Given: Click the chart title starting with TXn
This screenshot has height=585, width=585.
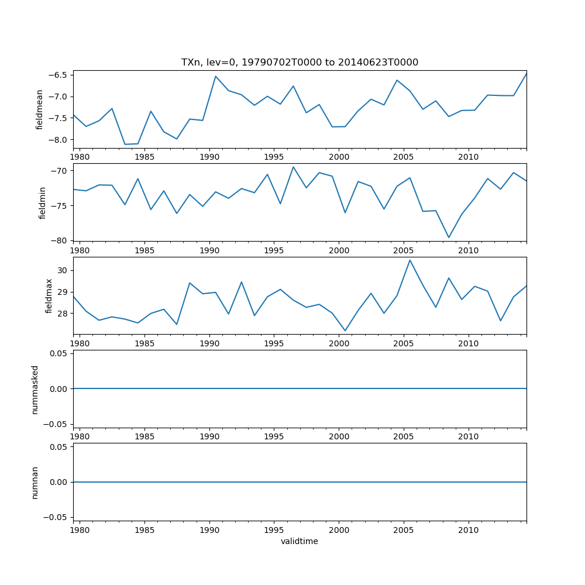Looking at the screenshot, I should point(300,63).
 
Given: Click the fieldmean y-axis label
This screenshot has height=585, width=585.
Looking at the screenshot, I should point(40,109).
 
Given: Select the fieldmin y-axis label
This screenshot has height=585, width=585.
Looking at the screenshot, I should point(42,202).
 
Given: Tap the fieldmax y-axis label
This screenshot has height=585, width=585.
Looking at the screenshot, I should point(49,295).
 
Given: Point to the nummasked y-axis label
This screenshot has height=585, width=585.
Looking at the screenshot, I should point(35,390).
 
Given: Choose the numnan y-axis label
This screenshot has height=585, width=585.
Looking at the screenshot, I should point(35,482).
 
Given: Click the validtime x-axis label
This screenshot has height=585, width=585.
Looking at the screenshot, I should point(300,542).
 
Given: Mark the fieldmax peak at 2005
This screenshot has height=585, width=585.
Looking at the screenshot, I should point(410,260).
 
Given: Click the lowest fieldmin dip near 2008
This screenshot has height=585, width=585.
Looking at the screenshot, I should point(449,238).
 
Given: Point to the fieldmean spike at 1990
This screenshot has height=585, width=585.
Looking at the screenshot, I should point(215,76).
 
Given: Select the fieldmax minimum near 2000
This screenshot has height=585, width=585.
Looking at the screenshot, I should point(345,331).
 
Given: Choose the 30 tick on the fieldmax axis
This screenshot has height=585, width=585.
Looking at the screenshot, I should point(63,270).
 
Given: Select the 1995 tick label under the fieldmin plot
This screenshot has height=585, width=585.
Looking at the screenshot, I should point(274,251).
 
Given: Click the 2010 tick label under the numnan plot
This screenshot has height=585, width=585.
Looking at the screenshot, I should point(469,531).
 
